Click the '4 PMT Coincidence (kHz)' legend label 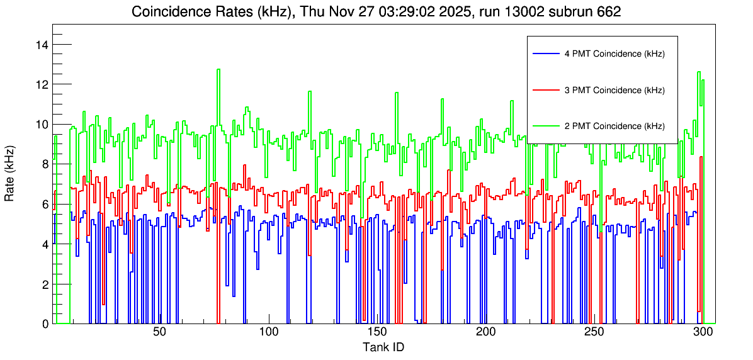point(614,54)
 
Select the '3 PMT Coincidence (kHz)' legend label point(614,90)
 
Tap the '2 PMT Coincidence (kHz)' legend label point(614,126)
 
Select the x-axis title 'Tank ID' point(383,347)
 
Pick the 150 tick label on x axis point(376,333)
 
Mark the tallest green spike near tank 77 point(218,70)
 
